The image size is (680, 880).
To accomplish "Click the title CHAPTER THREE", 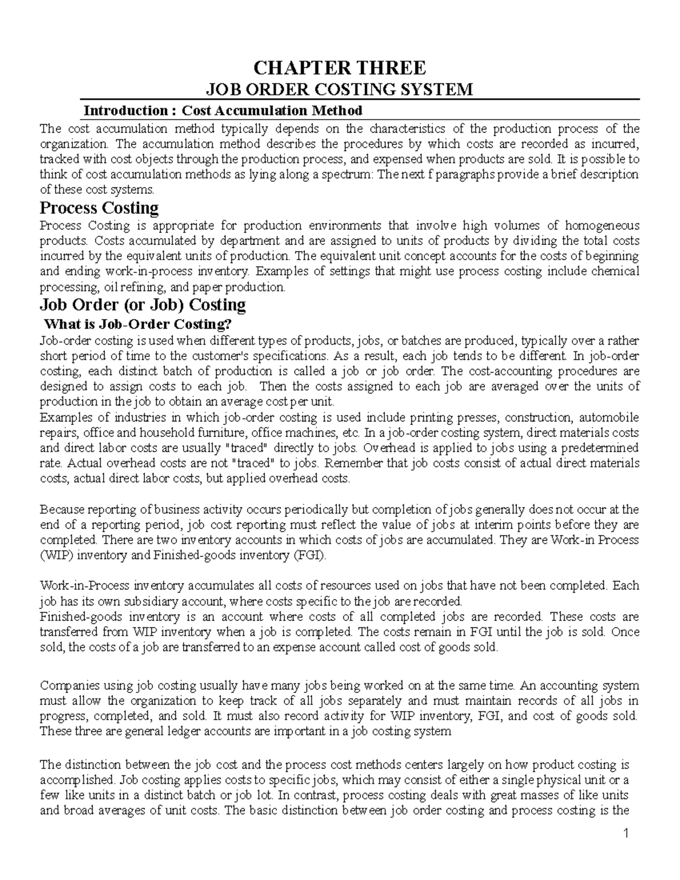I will tap(339, 68).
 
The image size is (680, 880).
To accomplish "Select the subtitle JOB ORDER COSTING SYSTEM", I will tap(339, 90).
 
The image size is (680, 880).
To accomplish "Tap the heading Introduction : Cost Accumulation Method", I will tap(223, 110).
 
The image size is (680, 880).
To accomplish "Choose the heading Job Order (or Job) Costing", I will tap(142, 305).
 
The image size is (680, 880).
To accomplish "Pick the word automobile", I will tap(611, 418).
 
